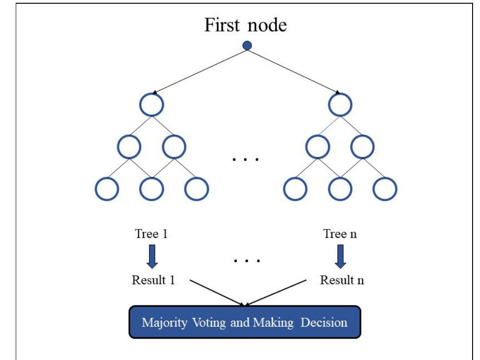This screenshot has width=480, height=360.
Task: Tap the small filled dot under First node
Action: [247, 45]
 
